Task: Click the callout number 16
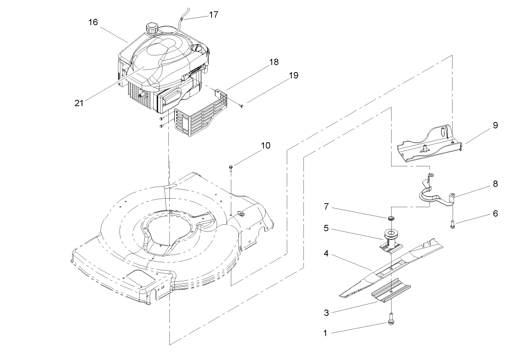(93, 22)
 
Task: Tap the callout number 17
(213, 15)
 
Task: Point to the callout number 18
(274, 63)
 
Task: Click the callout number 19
(293, 76)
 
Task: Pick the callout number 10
(266, 145)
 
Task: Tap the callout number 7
(326, 207)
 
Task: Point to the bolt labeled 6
(453, 222)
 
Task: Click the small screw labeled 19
(241, 105)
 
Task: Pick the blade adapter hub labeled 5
(390, 236)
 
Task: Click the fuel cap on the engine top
(150, 27)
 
